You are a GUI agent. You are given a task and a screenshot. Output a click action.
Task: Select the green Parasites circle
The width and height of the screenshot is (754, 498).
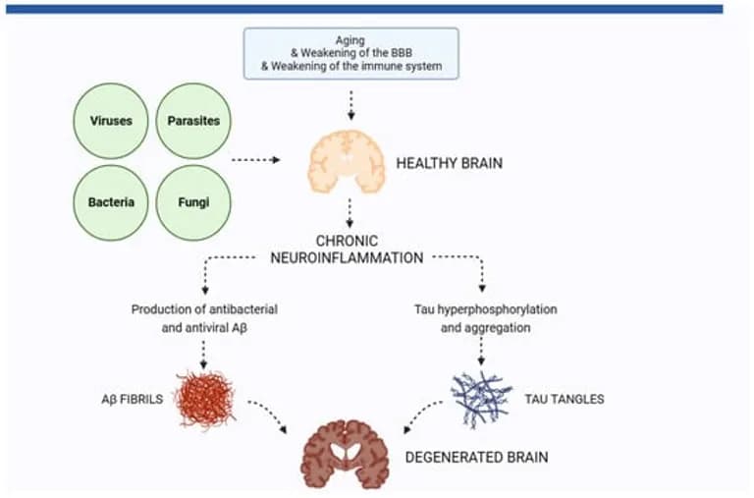[193, 122]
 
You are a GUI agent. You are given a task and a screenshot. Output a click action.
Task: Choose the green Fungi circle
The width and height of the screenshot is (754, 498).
[193, 202]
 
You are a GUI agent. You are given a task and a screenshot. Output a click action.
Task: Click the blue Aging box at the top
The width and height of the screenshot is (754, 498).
[350, 53]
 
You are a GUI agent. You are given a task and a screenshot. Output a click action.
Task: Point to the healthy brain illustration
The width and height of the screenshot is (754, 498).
[345, 162]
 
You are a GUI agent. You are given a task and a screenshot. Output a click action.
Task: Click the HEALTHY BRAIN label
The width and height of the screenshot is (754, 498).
[449, 163]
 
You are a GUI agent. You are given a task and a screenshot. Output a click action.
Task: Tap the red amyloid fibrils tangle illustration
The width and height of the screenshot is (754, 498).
[205, 399]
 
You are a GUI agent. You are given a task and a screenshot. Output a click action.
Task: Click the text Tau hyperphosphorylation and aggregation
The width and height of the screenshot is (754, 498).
[486, 318]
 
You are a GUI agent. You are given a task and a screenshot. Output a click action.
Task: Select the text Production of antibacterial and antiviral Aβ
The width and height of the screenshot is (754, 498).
[202, 318]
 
